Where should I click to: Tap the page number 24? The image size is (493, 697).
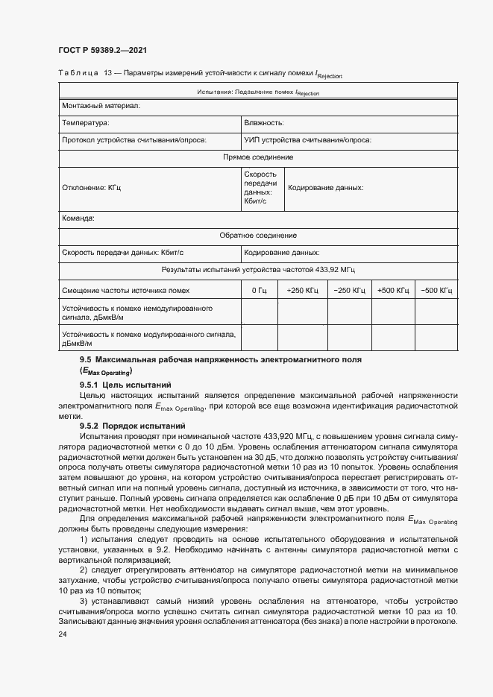pyautogui.click(x=63, y=634)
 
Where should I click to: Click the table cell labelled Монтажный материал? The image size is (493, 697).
pyautogui.click(x=101, y=107)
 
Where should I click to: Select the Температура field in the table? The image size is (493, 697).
pyautogui.click(x=86, y=123)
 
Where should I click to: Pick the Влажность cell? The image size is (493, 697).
pyautogui.click(x=263, y=123)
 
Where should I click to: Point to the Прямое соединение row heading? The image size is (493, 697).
pyautogui.click(x=258, y=157)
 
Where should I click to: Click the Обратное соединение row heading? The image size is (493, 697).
pyautogui.click(x=258, y=235)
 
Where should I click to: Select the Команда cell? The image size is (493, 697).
pyautogui.click(x=78, y=218)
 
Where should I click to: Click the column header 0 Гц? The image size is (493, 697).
pyautogui.click(x=259, y=290)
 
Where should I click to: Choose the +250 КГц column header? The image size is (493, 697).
pyautogui.click(x=302, y=290)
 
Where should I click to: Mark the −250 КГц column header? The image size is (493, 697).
pyautogui.click(x=349, y=290)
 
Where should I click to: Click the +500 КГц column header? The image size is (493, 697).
pyautogui.click(x=393, y=290)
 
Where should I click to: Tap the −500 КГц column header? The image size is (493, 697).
pyautogui.click(x=436, y=290)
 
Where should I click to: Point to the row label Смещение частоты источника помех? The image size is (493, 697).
pyautogui.click(x=125, y=290)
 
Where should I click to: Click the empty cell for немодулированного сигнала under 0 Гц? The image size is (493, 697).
pyautogui.click(x=259, y=312)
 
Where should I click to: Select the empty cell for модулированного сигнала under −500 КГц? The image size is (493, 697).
pyautogui.click(x=436, y=339)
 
